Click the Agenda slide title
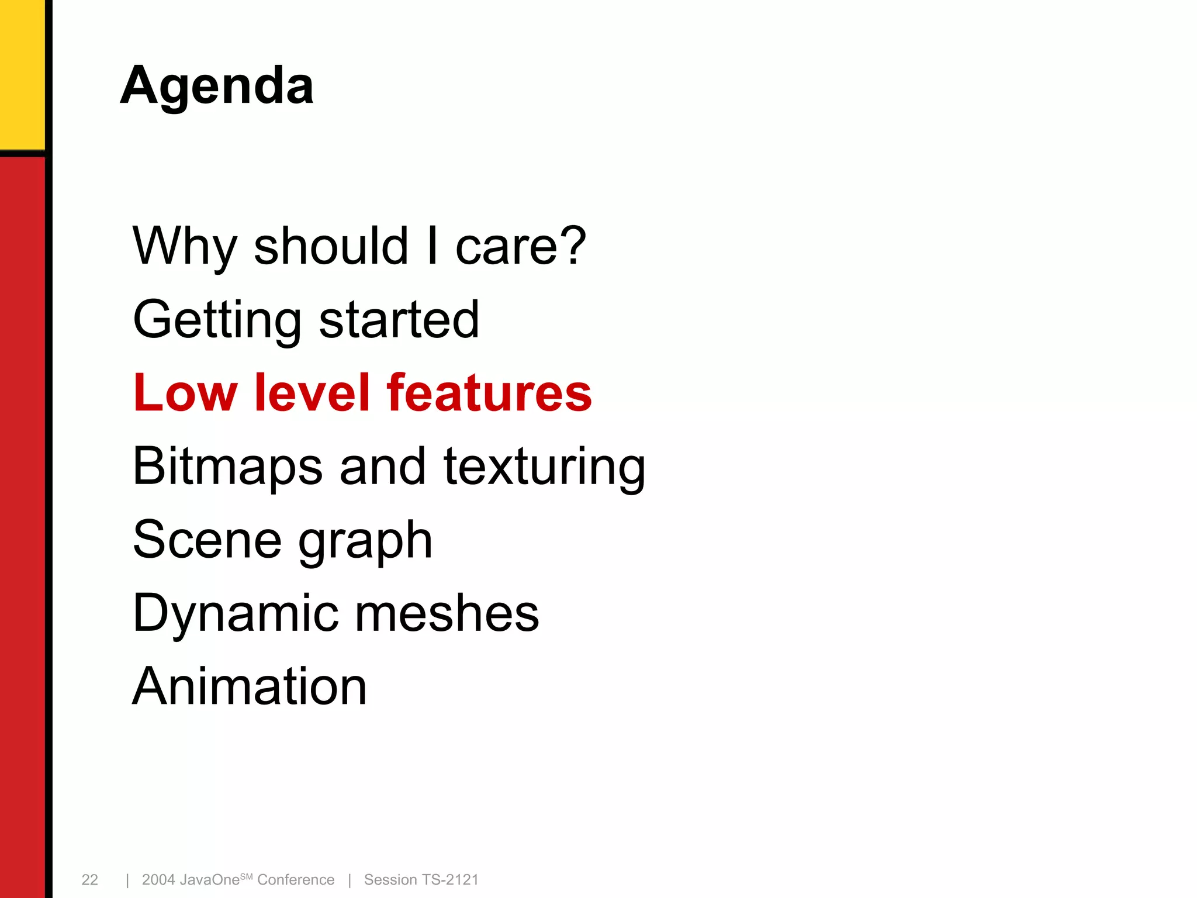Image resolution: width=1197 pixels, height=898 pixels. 217,87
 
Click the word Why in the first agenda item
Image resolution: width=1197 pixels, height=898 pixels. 185,246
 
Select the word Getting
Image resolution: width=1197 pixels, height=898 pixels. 217,320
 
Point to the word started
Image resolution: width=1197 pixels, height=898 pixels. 399,319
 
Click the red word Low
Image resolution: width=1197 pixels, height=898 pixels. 185,393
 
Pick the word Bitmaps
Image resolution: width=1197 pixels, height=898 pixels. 227,467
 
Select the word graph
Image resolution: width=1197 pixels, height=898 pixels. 365,541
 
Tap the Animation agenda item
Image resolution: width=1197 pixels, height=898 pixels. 250,686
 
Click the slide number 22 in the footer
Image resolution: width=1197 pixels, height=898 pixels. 89,880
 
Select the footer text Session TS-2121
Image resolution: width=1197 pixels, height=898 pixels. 421,880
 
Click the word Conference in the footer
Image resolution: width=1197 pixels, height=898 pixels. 296,880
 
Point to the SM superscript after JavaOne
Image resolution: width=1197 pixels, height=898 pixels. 246,876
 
